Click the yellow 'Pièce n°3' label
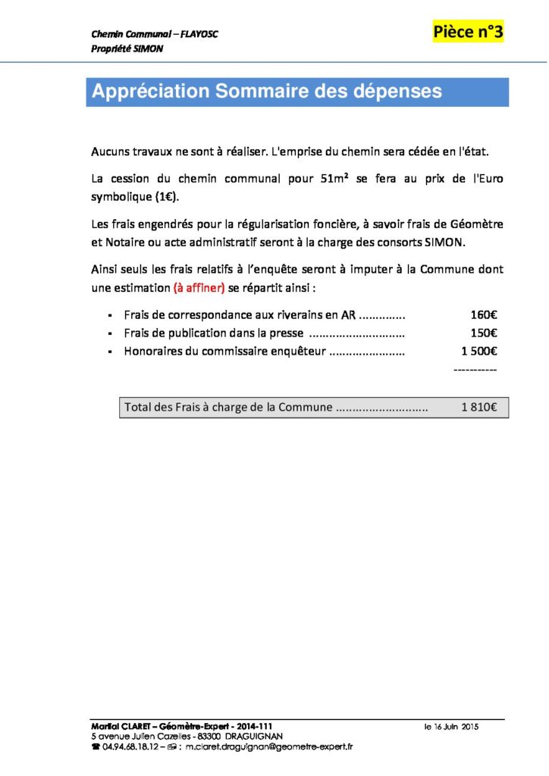pos(468,32)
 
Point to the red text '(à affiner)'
pos(199,288)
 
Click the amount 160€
pos(483,314)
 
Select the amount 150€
pos(483,333)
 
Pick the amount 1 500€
pos(478,351)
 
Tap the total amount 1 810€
pos(478,407)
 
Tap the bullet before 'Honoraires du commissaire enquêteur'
pos(111,352)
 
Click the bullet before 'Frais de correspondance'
pos(111,315)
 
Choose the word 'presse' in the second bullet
pos(287,333)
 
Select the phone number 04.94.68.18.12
pos(130,746)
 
